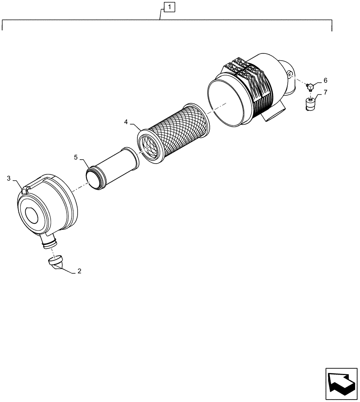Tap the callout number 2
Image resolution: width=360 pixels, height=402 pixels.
[x=79, y=271]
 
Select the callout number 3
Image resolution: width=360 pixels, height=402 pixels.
[x=8, y=178]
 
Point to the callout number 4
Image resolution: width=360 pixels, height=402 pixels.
[x=126, y=121]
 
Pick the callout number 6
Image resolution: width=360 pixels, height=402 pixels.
[x=325, y=80]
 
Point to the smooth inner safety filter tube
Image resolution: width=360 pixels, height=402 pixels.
[x=117, y=165]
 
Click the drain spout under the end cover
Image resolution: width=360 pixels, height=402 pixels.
[x=48, y=242]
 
